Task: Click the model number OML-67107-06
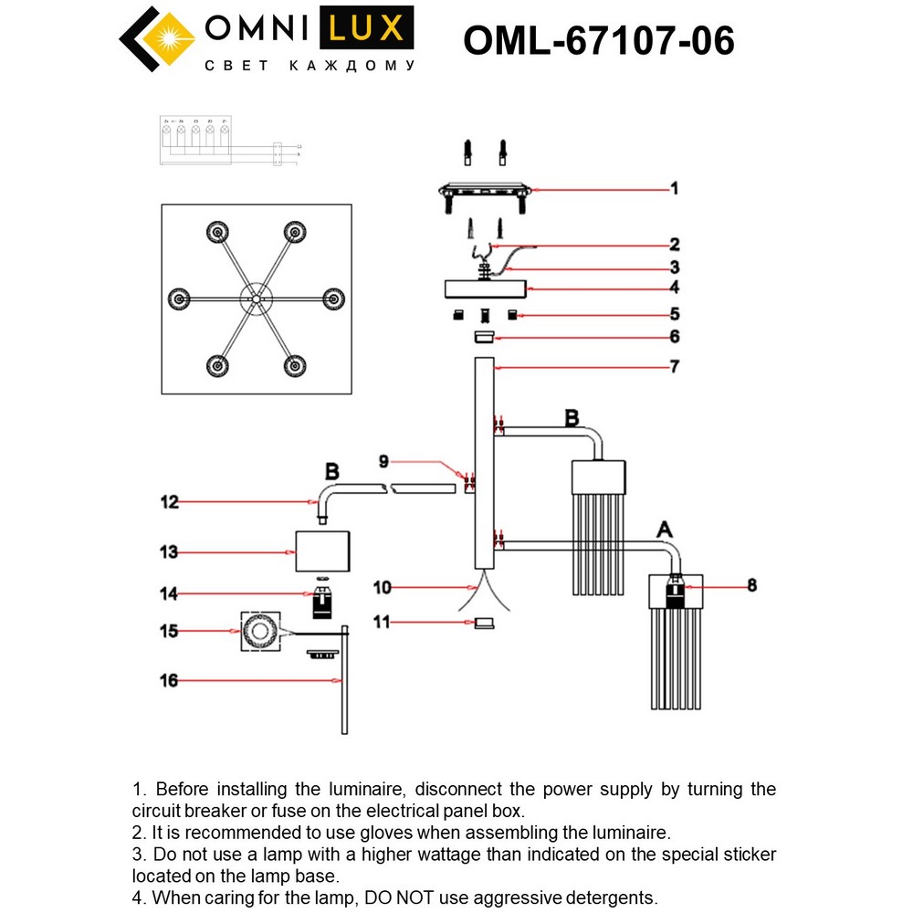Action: click(x=599, y=40)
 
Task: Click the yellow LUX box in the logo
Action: click(x=365, y=29)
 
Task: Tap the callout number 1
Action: click(x=674, y=189)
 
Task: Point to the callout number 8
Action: click(x=751, y=585)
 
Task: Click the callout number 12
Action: click(x=170, y=501)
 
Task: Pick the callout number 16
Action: click(x=170, y=681)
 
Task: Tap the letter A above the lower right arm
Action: click(x=665, y=530)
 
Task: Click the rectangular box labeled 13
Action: click(x=322, y=551)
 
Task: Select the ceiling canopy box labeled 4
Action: click(x=485, y=289)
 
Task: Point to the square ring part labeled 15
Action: click(x=258, y=631)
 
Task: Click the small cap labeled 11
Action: click(x=484, y=623)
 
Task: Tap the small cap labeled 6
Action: click(x=484, y=338)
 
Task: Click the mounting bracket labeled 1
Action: click(x=484, y=191)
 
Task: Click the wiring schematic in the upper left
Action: click(x=228, y=142)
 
